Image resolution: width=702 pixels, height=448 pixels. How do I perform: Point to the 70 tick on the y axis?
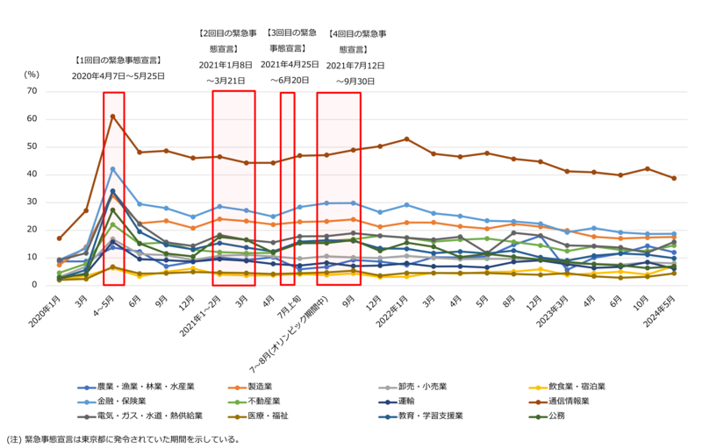click(32, 90)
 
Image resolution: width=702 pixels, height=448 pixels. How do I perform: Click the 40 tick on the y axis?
click(32, 174)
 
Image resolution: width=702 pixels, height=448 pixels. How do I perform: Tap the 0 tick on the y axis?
click(35, 285)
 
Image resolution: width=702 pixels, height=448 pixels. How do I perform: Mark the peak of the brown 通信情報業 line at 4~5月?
click(112, 116)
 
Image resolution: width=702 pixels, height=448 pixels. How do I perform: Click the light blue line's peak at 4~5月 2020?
click(112, 168)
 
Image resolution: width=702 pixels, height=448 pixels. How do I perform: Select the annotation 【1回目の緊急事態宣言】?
click(118, 61)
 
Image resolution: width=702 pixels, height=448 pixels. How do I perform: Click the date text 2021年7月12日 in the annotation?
click(356, 65)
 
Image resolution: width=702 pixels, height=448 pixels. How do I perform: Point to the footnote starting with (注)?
click(123, 438)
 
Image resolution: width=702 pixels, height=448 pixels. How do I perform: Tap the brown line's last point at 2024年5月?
click(674, 178)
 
